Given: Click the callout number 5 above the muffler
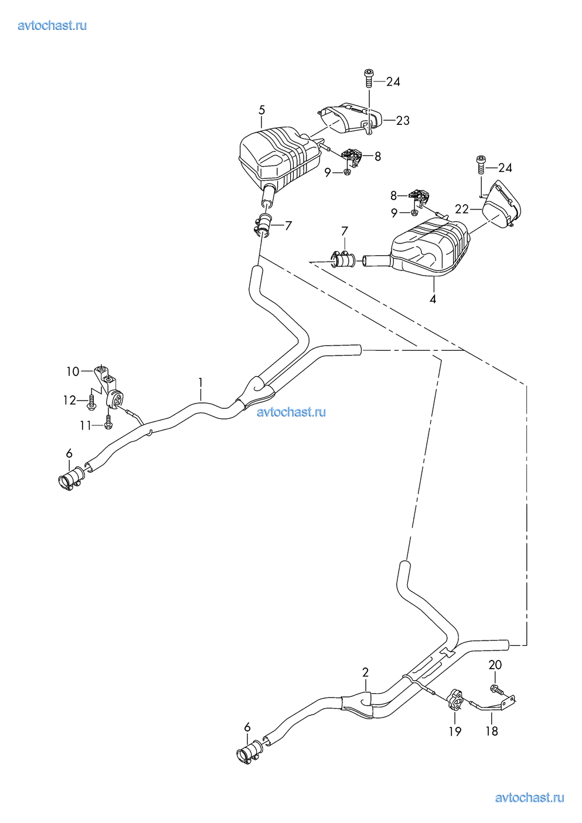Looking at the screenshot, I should point(261,110).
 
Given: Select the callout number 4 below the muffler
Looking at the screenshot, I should point(433,299).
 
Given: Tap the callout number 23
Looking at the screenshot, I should point(403,120).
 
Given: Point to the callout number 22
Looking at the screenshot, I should point(462,209).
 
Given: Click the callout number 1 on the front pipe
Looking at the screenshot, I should point(200,382).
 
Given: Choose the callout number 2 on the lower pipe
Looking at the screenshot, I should point(366,672).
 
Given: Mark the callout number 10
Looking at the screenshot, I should point(73,371).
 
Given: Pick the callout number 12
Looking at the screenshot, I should point(70,400).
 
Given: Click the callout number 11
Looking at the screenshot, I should point(86,425).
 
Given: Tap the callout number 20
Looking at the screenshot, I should point(495,665).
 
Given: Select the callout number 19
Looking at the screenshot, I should point(455,731).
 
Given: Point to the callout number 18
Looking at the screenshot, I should point(492,731).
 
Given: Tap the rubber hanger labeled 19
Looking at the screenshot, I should point(455,700).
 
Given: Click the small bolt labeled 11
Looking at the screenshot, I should point(108,421).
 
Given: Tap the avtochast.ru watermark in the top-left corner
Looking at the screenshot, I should point(52,25).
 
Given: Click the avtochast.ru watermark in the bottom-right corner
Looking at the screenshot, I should point(529,797).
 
